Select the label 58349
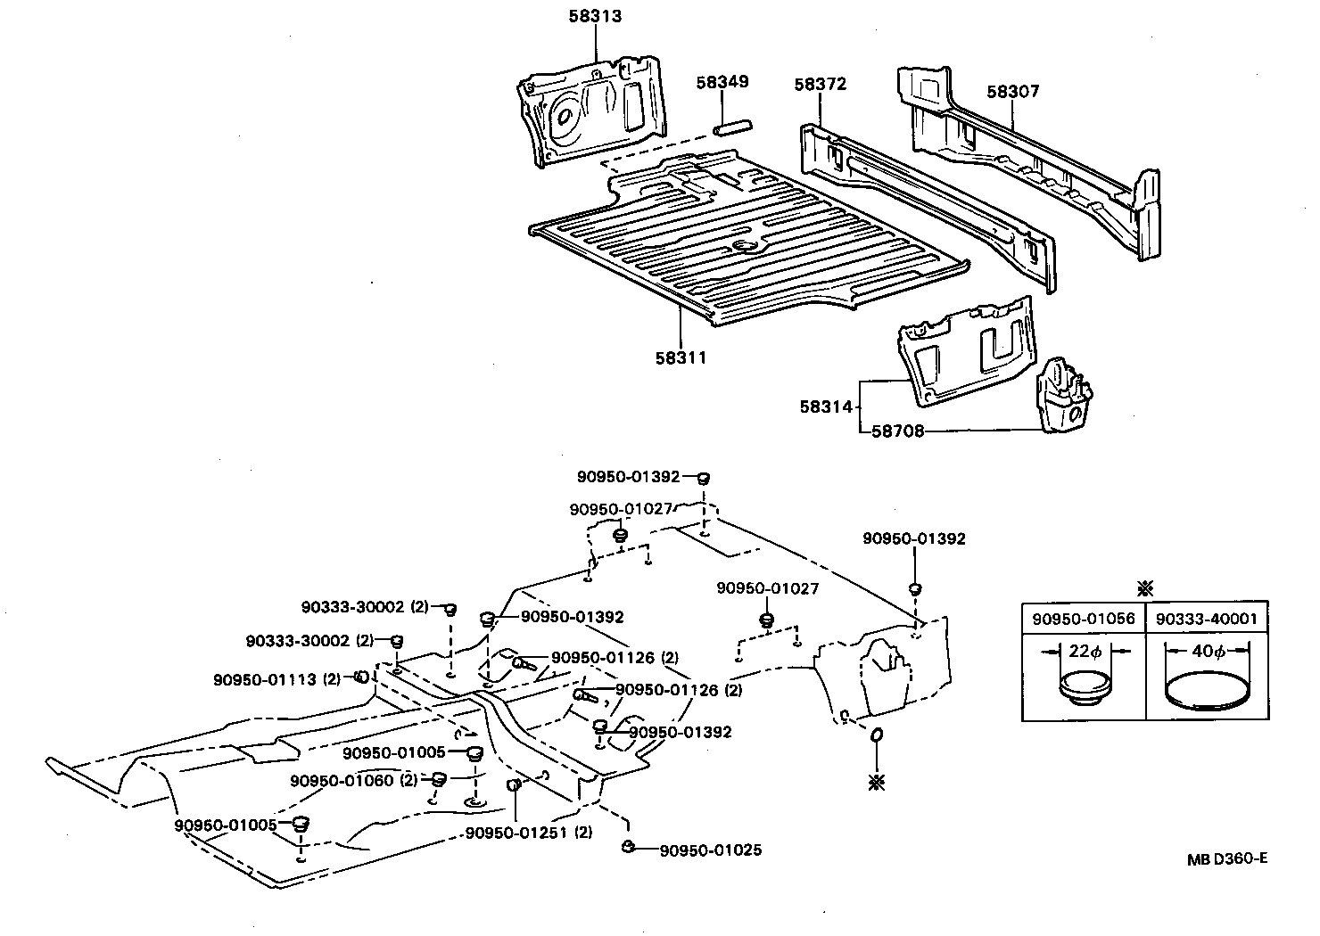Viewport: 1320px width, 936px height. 722,82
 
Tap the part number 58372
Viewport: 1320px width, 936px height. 820,85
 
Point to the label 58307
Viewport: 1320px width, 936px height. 1012,92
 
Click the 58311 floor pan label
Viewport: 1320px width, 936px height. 681,358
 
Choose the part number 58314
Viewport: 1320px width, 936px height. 826,406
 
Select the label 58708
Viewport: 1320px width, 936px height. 897,431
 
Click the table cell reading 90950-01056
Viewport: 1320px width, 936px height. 1083,619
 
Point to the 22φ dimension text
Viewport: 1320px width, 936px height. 1085,652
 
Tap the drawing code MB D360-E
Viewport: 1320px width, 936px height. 1226,859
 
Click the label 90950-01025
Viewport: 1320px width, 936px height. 710,850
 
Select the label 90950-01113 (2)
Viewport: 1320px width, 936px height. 276,679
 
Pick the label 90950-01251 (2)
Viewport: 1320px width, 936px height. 529,833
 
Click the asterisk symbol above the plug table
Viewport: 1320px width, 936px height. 1146,588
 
